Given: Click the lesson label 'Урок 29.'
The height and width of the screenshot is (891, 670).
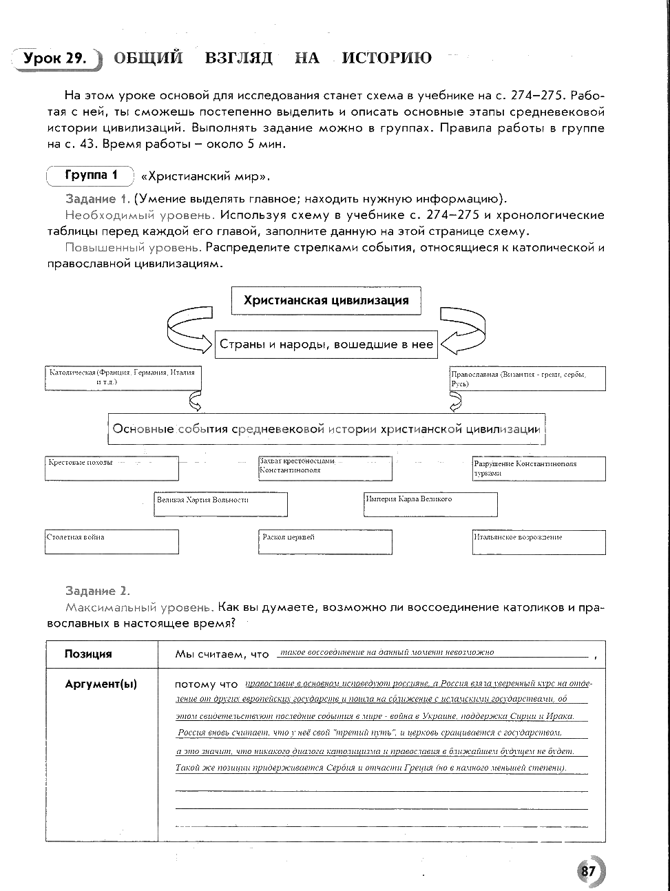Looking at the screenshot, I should pos(55,59).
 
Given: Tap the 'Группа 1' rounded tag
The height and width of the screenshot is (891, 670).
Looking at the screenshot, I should pos(91,176).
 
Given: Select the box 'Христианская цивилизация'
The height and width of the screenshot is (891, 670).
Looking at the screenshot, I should pos(326,301).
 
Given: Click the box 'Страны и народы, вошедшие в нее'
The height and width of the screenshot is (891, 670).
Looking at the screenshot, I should pos(326,344).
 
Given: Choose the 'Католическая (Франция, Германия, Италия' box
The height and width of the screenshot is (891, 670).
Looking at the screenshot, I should pos(122,378).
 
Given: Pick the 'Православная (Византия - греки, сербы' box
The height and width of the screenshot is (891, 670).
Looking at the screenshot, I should pos(527,379).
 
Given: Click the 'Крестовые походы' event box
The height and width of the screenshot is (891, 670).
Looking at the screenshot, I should pos(112,468).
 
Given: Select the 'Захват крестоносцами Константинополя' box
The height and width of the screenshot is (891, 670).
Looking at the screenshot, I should pos(325,468).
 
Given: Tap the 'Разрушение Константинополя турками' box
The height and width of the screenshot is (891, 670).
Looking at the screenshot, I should pos(538,468).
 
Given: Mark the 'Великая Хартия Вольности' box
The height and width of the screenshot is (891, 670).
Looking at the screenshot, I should pos(220,504).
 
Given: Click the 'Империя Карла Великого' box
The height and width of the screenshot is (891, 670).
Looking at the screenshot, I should pos(430,503).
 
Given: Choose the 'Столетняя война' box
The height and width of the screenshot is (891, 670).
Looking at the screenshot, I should pos(112,541).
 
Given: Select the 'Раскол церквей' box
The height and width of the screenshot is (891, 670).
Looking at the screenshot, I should pos(325,541).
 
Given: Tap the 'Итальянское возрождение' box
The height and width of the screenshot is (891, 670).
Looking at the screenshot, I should pos(538,541).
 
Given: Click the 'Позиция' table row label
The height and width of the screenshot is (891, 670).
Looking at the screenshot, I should pos(88,654).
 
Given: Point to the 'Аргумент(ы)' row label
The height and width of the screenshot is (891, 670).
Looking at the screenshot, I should pos(101,684).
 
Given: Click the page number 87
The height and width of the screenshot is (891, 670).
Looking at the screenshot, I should pos(587,870).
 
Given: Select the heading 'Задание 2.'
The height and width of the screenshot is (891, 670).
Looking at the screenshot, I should pos(97,591).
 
